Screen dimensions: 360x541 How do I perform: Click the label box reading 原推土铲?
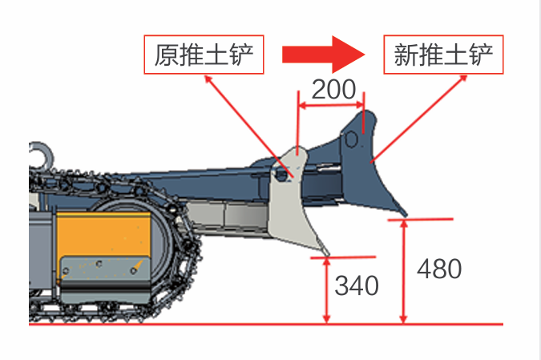point(204,55)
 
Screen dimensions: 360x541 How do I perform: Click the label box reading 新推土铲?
point(443,55)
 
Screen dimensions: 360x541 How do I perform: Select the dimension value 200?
point(333,89)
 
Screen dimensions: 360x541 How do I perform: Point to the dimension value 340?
point(357,285)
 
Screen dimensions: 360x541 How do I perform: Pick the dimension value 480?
point(439,269)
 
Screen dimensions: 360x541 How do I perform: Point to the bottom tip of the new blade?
point(406,215)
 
